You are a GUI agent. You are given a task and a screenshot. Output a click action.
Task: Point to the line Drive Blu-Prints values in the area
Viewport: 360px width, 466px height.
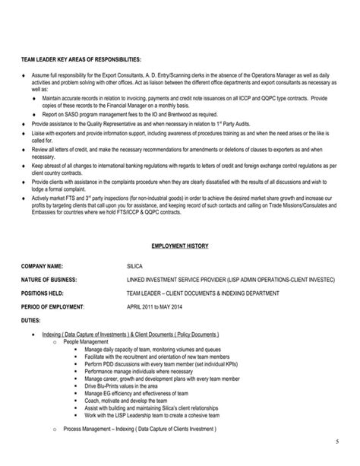coord(122,385)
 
